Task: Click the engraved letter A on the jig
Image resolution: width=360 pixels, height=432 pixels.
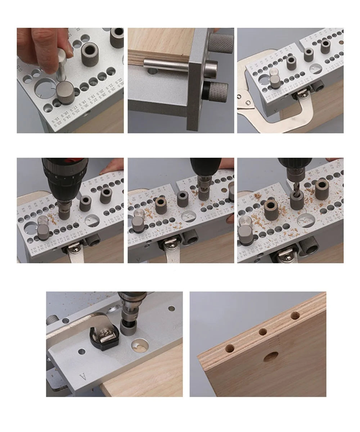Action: [x=83, y=377]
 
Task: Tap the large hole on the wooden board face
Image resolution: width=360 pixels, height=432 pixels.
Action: [x=270, y=356]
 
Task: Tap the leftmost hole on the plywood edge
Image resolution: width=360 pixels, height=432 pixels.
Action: [x=230, y=348]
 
